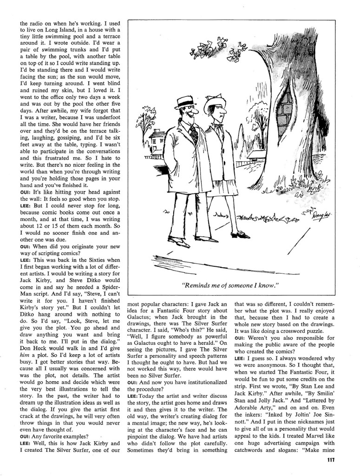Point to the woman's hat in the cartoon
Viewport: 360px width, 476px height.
tap(215, 103)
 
